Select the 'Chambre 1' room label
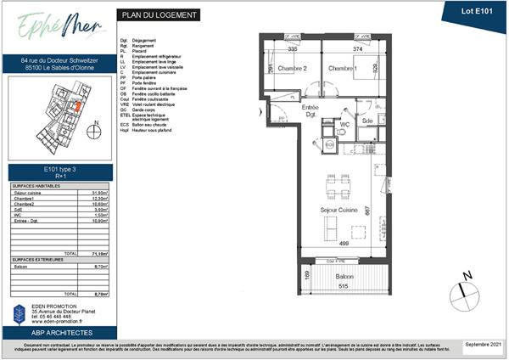click(341, 70)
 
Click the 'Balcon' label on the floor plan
click(344, 278)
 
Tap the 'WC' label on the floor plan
click(344, 125)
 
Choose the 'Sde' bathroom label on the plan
click(367, 121)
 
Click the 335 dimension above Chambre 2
click(292, 49)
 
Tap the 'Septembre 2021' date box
click(483, 345)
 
